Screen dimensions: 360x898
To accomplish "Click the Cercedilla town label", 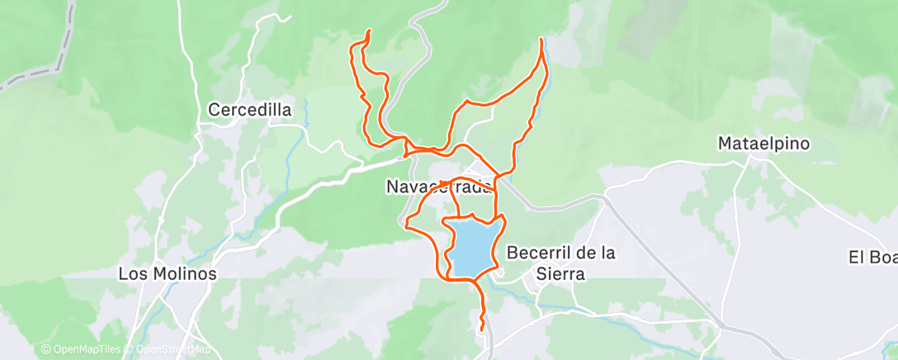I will pyautogui.click(x=250, y=109).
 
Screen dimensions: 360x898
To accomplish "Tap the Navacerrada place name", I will pyautogui.click(x=439, y=187).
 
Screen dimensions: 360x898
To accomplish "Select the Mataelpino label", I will pyautogui.click(x=763, y=144).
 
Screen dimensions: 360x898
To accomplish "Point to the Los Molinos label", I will pyautogui.click(x=168, y=273).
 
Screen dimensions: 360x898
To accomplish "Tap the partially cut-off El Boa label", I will pyautogui.click(x=872, y=257).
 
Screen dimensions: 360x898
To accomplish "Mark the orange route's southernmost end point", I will pyautogui.click(x=482, y=331).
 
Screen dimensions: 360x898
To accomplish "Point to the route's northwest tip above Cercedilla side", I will pyautogui.click(x=368, y=31).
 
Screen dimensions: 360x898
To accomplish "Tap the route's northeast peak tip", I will pyautogui.click(x=541, y=39).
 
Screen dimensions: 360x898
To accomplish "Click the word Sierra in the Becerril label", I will pyautogui.click(x=561, y=274).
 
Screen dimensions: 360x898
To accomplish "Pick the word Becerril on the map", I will pyautogui.click(x=539, y=253).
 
